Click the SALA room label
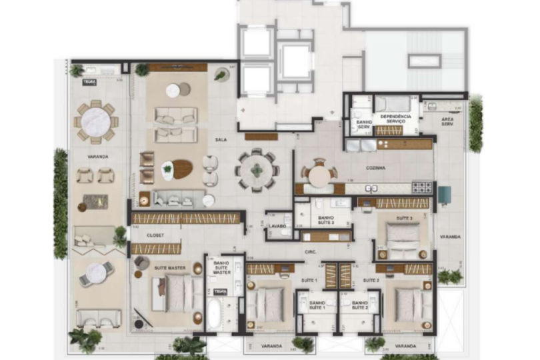pyautogui.click(x=220, y=140)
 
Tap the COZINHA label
pyautogui.click(x=375, y=169)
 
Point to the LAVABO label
pyautogui.click(x=278, y=227)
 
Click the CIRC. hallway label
pyautogui.click(x=310, y=251)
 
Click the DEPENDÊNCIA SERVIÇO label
pyautogui.click(x=396, y=119)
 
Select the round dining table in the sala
pyautogui.click(x=257, y=170)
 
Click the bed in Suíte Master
pyautogui.click(x=177, y=293)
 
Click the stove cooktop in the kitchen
pyautogui.click(x=421, y=187)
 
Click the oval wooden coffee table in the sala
pyautogui.click(x=178, y=169)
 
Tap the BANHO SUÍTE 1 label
pyautogui.click(x=316, y=305)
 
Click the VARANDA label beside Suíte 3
pyautogui.click(x=447, y=237)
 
